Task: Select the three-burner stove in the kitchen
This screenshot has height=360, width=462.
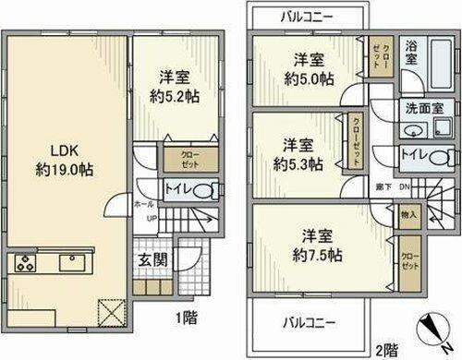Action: (25, 264)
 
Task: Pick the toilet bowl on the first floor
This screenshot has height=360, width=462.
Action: (209, 191)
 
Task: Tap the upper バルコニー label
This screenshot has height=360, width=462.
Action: (306, 18)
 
